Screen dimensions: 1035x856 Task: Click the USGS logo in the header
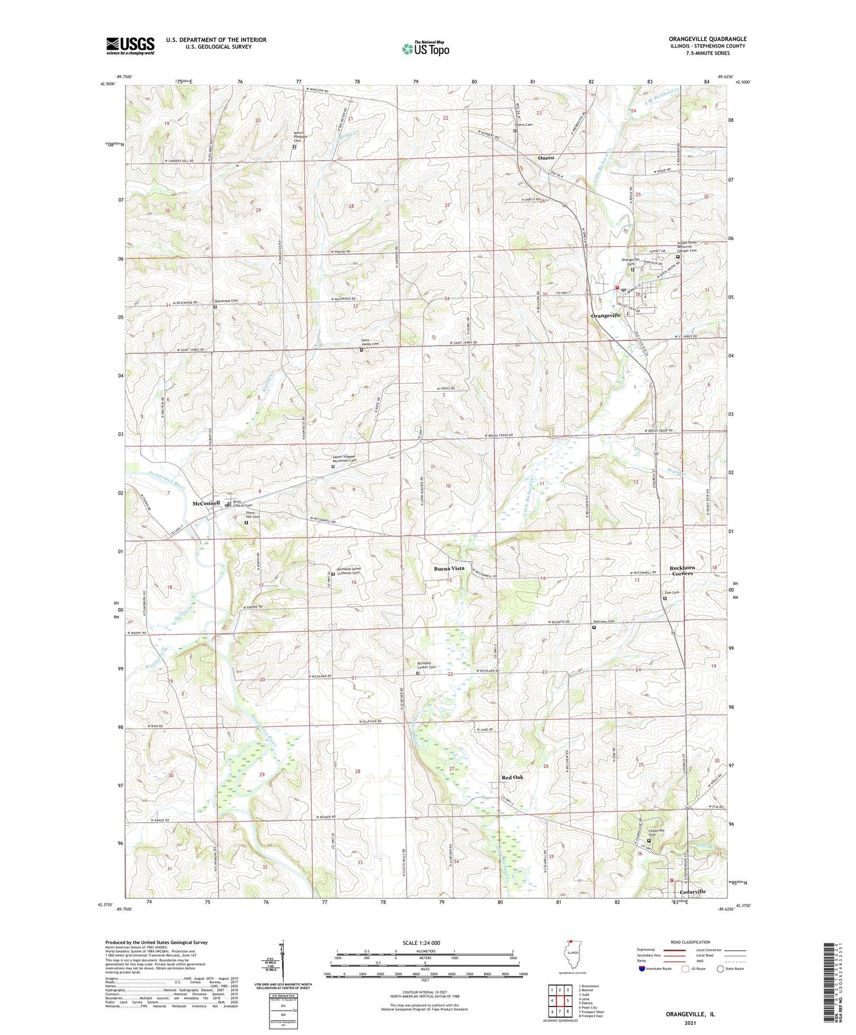click(130, 46)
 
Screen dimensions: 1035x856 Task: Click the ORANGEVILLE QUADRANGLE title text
click(707, 39)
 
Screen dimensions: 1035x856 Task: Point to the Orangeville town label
click(605, 315)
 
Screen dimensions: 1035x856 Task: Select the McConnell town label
click(206, 503)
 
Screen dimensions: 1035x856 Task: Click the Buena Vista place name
click(449, 568)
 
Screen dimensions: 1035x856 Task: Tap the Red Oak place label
click(512, 777)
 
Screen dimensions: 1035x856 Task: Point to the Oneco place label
click(546, 158)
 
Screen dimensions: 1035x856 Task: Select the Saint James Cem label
click(370, 340)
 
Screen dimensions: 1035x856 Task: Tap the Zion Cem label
click(671, 592)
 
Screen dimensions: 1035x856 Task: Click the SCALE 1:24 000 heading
click(421, 943)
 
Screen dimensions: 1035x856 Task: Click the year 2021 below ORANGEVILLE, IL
click(690, 1023)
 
